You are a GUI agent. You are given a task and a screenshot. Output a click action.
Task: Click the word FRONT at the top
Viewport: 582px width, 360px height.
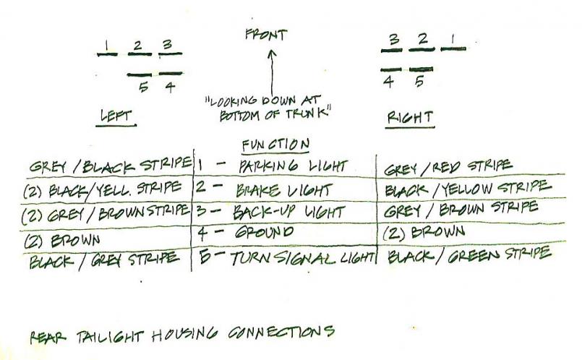pos(266,35)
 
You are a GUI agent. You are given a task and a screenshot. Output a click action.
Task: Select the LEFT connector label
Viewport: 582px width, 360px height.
pos(116,115)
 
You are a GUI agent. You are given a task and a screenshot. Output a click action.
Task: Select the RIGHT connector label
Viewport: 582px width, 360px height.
pos(410,116)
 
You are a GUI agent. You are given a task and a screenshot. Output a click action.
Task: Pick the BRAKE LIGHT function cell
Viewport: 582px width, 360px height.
pos(283,190)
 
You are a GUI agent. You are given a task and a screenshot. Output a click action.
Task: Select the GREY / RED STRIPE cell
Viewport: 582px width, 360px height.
pos(448,166)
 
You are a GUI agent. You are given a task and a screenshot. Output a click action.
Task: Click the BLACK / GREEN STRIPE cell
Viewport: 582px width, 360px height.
pos(469,255)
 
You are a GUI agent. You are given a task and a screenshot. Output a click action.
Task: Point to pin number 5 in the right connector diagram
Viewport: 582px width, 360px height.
pos(420,81)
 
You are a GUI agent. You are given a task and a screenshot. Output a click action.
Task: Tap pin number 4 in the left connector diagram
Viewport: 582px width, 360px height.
pos(169,87)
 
